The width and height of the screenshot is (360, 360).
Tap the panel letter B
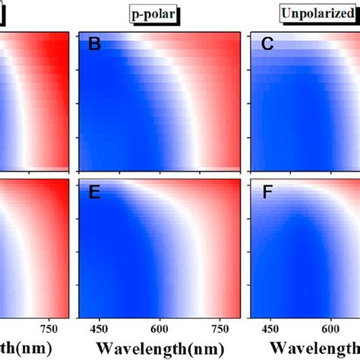[x=95, y=45]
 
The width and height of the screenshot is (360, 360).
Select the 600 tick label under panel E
[x=159, y=328]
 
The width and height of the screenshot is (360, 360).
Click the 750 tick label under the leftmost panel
[x=50, y=328]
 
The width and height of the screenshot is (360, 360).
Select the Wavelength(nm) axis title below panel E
[x=160, y=348]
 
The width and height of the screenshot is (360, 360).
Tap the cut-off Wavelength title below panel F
[x=311, y=348]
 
